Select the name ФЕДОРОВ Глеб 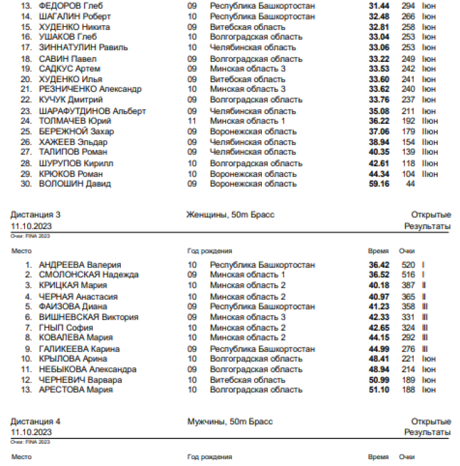71,6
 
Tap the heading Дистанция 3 36,215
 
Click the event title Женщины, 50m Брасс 231,215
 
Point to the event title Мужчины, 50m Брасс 230,422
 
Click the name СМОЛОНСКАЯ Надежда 88,275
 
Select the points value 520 408,265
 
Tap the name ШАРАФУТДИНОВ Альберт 92,111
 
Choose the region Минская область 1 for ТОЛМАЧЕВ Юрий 247,121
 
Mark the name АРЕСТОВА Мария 75,390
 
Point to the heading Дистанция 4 36,422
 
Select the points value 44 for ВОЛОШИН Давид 410,184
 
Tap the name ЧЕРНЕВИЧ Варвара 80,380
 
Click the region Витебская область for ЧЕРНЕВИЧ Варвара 247,380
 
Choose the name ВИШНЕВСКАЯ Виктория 88,317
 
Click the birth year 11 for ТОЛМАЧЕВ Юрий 192,121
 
